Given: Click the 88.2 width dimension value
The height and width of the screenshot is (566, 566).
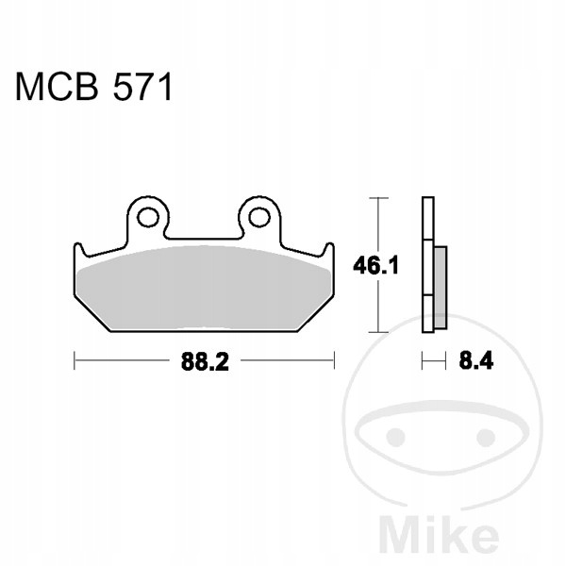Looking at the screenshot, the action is coord(205,361).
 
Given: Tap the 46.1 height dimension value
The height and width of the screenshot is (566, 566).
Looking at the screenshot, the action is coord(375,266).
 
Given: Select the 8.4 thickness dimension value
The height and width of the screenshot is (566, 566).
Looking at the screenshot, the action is coord(476,360).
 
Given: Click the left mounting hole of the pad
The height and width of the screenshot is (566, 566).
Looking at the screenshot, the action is coord(148,218).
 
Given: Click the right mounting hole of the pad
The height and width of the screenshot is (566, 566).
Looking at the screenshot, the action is coord(259,218).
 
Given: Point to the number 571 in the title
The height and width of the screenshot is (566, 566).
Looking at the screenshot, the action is coord(142,87).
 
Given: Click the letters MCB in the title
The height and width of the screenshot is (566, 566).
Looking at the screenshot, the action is coord(57,87).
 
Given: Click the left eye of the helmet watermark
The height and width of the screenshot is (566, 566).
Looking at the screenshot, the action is coord(395,437).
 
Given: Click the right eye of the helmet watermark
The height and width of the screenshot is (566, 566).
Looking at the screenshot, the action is coord(486,438).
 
